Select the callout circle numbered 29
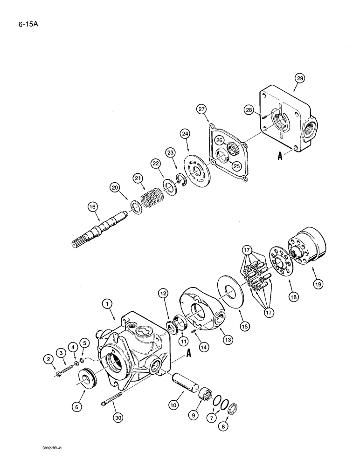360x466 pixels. [299, 78]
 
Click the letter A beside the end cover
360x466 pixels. [281, 157]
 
